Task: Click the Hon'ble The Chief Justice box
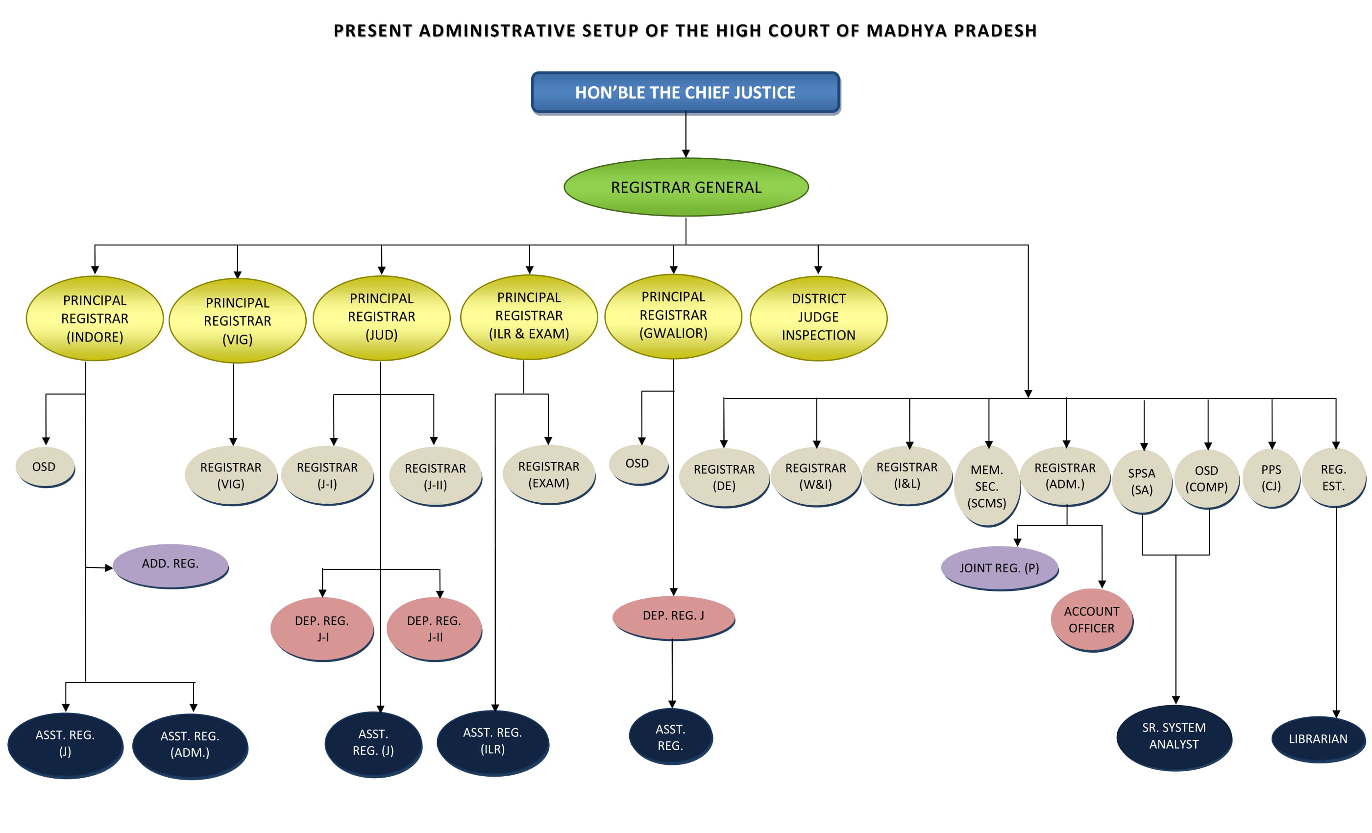tap(685, 93)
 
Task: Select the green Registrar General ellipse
tap(686, 187)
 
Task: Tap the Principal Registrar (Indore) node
tap(95, 318)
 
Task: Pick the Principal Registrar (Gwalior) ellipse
tap(673, 316)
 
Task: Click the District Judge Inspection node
tap(818, 318)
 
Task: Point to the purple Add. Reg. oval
tap(171, 564)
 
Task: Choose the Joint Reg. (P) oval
tap(999, 568)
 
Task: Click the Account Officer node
tap(1091, 619)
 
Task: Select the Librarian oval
tap(1318, 739)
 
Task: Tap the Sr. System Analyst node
tap(1174, 736)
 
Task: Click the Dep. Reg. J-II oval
tap(434, 629)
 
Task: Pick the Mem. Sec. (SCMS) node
tap(987, 486)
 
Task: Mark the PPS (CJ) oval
tap(1271, 478)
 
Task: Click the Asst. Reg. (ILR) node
tap(493, 741)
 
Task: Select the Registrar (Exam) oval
tap(548, 474)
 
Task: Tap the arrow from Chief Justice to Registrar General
tap(686, 136)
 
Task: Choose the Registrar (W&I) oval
tap(816, 477)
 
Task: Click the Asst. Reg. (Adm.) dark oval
tap(190, 744)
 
